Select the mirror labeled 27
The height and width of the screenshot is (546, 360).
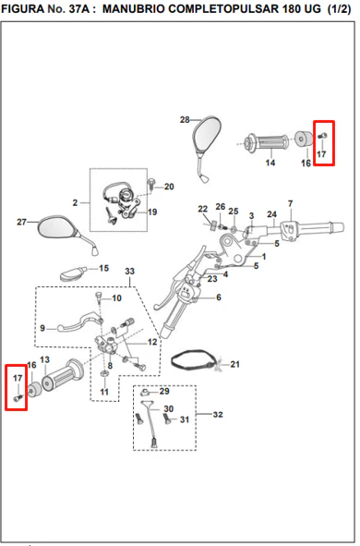(58, 228)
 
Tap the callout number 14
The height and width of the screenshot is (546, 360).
(270, 163)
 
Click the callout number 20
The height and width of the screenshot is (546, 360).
(169, 187)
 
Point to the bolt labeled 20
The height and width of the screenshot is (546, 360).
(151, 184)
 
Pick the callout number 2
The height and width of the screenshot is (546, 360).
(75, 202)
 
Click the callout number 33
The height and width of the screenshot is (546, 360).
(130, 272)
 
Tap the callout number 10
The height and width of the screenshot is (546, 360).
(116, 298)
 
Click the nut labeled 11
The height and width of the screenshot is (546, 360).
(104, 374)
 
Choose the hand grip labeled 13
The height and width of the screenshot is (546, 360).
(64, 374)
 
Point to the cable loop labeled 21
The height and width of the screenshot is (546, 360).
(195, 361)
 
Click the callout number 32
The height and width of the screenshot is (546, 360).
(218, 415)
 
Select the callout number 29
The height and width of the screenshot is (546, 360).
(164, 392)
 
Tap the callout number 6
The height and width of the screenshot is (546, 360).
(219, 297)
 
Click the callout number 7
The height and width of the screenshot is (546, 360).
(291, 203)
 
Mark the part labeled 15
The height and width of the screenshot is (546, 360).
(73, 273)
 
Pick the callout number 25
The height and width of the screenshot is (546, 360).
(234, 212)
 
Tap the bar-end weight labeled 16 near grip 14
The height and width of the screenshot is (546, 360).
(305, 139)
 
